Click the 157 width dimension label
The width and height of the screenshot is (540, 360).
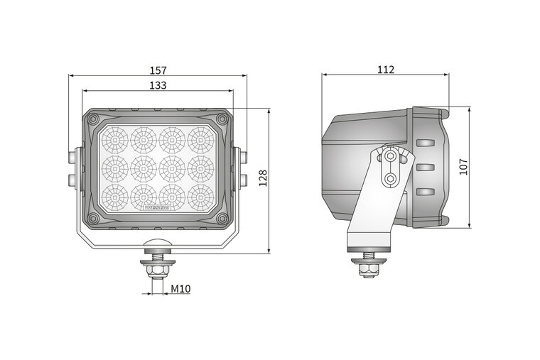[158, 70]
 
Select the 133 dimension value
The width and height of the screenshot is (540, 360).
[158, 85]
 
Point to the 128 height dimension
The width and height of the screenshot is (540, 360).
[262, 178]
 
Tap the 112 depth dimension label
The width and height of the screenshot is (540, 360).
[386, 70]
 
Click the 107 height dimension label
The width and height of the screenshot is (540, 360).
[463, 167]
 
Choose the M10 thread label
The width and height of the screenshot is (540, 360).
[181, 290]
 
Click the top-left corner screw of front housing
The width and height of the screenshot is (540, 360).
[94, 119]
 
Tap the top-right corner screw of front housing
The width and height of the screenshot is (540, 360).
[222, 119]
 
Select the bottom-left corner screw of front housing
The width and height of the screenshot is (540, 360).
[94, 219]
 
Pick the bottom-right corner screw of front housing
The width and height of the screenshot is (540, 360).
[222, 219]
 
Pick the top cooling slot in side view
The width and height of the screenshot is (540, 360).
[424, 143]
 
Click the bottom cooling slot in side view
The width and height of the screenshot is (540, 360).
[424, 192]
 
